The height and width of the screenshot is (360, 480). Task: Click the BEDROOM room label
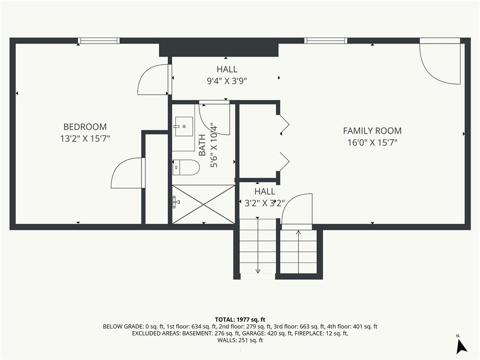[85, 127]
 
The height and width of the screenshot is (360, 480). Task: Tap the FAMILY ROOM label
[372, 131]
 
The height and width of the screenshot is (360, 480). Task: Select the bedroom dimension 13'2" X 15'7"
[85, 139]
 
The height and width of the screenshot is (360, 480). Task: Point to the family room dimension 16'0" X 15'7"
[372, 142]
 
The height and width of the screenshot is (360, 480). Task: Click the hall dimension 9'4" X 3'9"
[227, 81]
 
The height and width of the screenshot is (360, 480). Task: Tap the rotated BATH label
[202, 145]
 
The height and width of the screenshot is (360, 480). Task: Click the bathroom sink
[184, 127]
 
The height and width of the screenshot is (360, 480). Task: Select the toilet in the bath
[186, 167]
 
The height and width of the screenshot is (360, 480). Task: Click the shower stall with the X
[203, 204]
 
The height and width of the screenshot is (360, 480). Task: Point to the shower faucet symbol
[176, 202]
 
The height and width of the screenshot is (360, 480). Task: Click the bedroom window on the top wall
[98, 41]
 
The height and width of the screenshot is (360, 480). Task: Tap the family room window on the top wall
[326, 41]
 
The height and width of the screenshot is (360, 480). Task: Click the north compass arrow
[461, 346]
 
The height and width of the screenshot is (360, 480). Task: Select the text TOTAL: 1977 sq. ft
[240, 320]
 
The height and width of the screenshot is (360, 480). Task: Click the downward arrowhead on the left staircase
[258, 271]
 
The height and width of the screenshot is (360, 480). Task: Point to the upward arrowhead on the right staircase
[299, 232]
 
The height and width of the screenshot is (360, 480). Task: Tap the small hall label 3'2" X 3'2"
[265, 203]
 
